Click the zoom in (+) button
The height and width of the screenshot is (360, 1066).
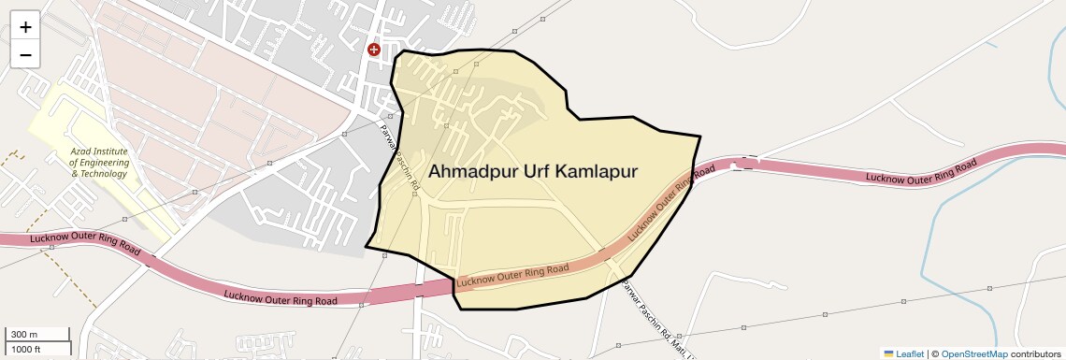tap(25, 27)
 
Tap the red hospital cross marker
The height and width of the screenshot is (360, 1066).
tap(374, 50)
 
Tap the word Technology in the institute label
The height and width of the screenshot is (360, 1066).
tap(105, 174)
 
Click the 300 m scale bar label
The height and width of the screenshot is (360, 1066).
tap(24, 335)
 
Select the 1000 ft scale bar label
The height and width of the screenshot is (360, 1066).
tap(26, 349)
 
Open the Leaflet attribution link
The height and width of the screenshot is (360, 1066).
tap(910, 353)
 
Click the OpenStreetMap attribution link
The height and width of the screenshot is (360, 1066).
tap(973, 353)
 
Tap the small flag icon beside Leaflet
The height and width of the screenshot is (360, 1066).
tap(888, 353)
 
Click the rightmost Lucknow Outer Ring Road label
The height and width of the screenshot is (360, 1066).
tap(921, 170)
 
